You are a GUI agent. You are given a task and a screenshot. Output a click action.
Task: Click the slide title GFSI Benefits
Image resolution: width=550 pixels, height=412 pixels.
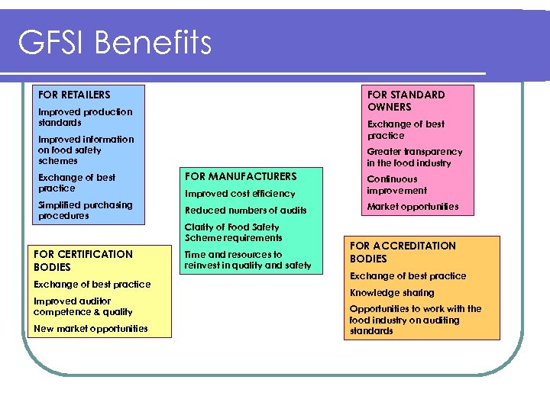click(115, 43)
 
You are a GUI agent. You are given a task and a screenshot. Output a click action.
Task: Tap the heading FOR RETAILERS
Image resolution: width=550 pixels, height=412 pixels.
click(74, 95)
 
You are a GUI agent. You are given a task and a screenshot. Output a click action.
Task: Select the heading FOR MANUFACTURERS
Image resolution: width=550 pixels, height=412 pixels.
click(241, 176)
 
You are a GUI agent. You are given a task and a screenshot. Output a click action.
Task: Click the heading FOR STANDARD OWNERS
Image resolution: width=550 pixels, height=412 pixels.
click(406, 101)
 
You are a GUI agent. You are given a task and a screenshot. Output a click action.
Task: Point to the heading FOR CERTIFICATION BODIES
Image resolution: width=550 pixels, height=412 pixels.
click(83, 260)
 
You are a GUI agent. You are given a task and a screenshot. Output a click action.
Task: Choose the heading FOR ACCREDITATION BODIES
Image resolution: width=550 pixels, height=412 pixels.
click(403, 252)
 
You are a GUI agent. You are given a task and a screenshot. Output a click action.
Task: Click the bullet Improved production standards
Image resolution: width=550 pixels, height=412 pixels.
click(85, 117)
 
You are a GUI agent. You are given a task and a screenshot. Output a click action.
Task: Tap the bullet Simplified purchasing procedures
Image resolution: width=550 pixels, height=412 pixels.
click(85, 210)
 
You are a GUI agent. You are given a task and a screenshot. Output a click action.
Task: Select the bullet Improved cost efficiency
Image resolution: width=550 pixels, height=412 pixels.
click(240, 194)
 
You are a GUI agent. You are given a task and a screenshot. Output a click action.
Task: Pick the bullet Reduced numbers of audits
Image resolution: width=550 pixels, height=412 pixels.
click(246, 210)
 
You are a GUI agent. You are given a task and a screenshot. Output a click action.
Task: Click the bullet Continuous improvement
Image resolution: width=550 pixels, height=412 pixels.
click(396, 185)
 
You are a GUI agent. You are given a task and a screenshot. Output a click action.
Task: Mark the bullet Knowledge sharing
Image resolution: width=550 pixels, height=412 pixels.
click(392, 292)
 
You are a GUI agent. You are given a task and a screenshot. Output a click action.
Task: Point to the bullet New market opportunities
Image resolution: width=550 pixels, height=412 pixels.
click(91, 329)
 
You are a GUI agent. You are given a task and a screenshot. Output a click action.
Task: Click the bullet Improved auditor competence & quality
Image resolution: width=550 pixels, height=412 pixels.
click(83, 306)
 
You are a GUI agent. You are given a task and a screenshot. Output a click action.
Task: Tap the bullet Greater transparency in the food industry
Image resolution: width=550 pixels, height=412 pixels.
click(414, 157)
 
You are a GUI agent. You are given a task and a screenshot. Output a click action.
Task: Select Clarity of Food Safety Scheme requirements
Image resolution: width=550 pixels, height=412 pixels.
click(233, 232)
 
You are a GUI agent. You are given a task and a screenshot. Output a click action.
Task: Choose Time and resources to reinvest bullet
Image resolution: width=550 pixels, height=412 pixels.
click(247, 259)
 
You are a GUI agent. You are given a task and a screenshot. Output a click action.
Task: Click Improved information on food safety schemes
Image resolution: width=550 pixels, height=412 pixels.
click(86, 150)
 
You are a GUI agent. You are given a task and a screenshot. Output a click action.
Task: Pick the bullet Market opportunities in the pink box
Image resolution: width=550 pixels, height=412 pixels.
click(412, 207)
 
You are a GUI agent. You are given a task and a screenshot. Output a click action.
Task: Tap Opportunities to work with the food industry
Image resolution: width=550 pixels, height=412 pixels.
click(415, 320)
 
